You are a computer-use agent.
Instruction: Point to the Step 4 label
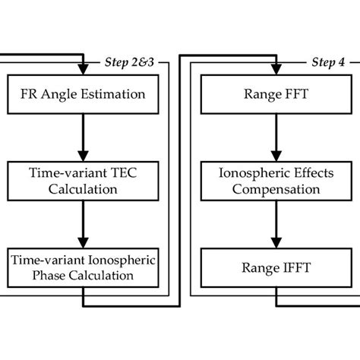327,62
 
